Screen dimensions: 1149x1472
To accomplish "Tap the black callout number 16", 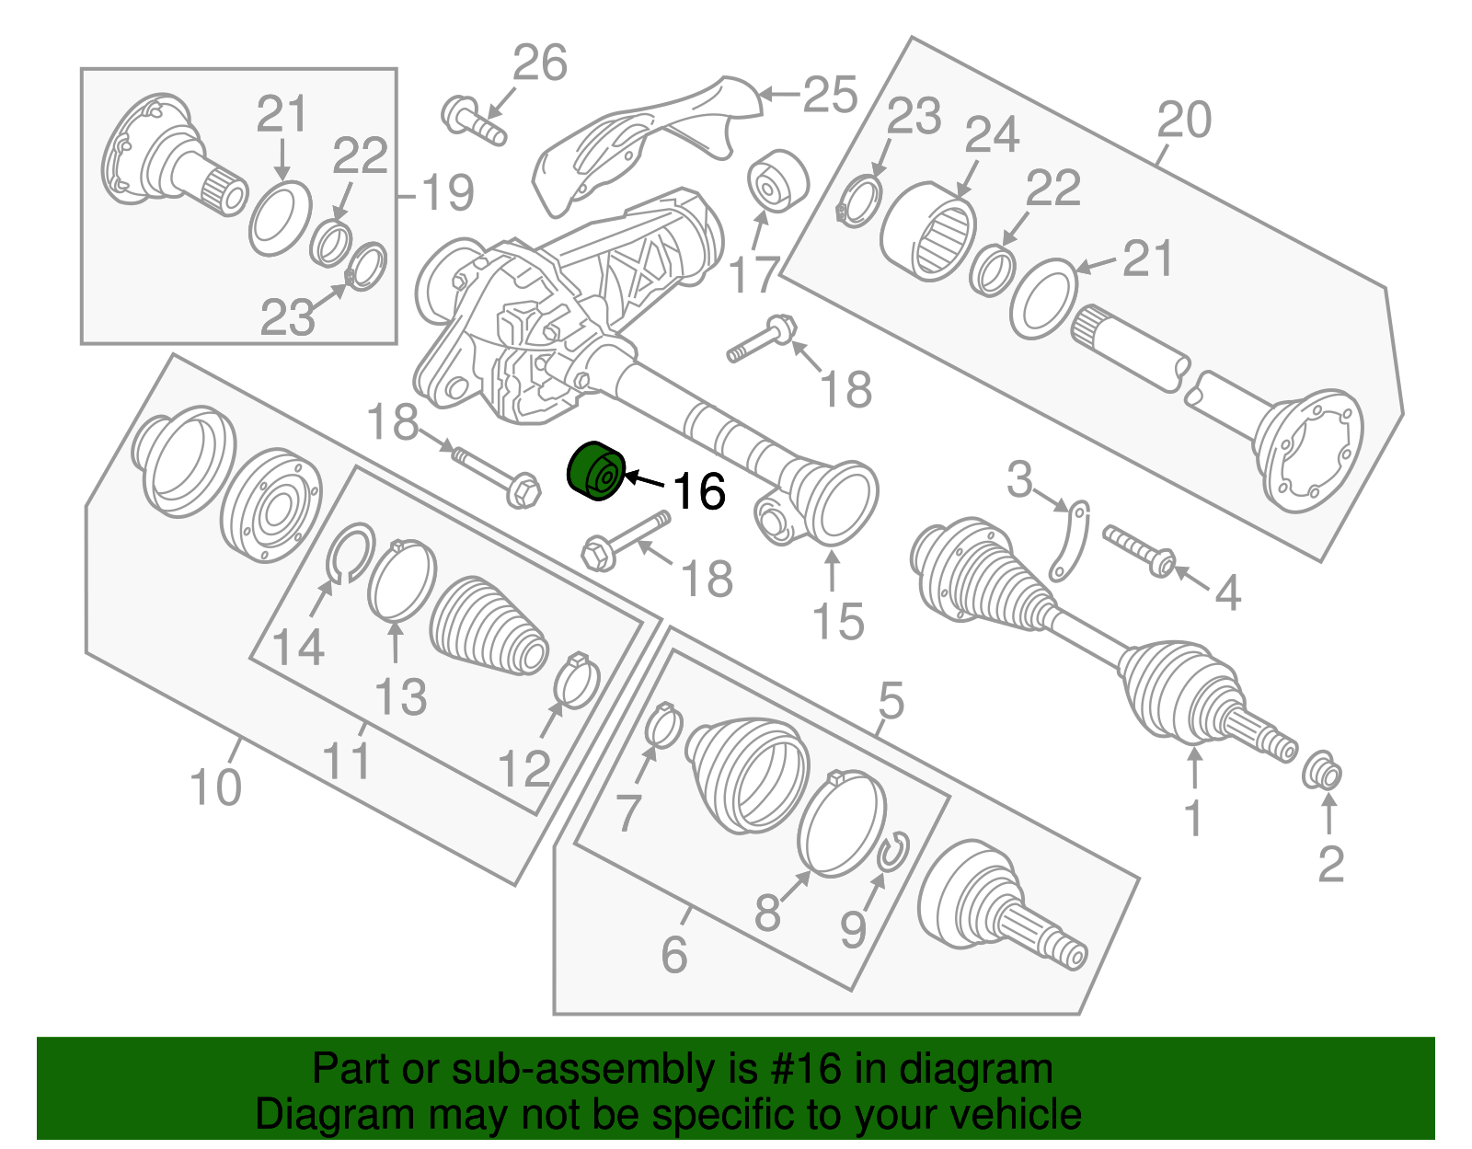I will coord(699,491).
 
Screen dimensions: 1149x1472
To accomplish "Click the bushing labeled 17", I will coord(777,179).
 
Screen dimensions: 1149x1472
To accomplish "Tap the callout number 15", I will coord(838,622).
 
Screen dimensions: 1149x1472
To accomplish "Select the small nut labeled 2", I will coord(1323,771).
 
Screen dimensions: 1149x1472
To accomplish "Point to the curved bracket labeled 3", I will coord(1070,543).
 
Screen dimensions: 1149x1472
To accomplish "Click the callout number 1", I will coord(1193,818).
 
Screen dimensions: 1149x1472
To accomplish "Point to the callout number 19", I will coord(446,193).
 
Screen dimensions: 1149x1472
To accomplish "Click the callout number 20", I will coord(1184,120).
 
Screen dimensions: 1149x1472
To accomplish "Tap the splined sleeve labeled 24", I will coord(929,231).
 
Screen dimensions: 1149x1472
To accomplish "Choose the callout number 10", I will coord(215,787).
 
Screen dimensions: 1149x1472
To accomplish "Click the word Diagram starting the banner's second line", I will coord(310,1114).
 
